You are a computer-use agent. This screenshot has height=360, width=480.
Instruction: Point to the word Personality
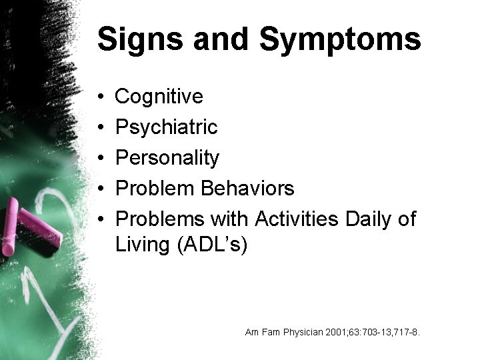point(167,159)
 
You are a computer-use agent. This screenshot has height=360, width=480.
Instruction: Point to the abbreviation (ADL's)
point(211,245)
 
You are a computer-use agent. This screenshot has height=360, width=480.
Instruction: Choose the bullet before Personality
point(99,159)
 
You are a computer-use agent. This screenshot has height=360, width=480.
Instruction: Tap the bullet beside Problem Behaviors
point(99,189)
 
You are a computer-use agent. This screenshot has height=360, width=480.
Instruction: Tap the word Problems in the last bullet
point(160,219)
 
